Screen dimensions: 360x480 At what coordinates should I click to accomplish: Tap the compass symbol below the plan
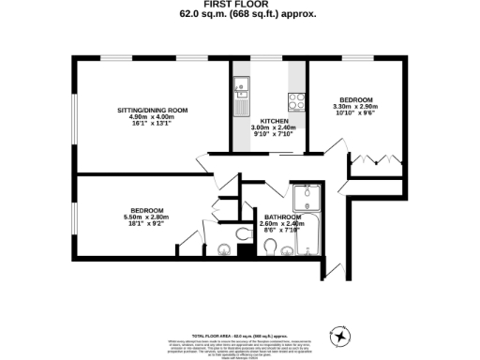click(341, 336)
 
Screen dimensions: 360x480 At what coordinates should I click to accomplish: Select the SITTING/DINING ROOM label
click(152, 110)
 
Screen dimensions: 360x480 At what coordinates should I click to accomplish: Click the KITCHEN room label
click(274, 121)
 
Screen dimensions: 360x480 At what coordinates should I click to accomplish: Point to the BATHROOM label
click(282, 217)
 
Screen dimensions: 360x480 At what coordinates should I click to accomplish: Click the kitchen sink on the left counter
click(241, 90)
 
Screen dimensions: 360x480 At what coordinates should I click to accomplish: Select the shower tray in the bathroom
click(306, 199)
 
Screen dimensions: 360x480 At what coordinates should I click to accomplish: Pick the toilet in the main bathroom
click(271, 247)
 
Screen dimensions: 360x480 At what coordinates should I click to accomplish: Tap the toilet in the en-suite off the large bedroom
click(242, 234)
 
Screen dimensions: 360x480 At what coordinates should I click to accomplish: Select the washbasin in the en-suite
click(223, 249)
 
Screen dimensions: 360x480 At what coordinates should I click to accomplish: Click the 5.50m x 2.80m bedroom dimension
click(146, 217)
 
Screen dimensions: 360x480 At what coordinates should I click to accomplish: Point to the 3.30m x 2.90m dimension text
click(355, 107)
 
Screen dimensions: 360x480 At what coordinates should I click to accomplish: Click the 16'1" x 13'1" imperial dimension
click(152, 123)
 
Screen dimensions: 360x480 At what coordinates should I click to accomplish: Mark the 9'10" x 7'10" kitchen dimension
click(274, 135)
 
